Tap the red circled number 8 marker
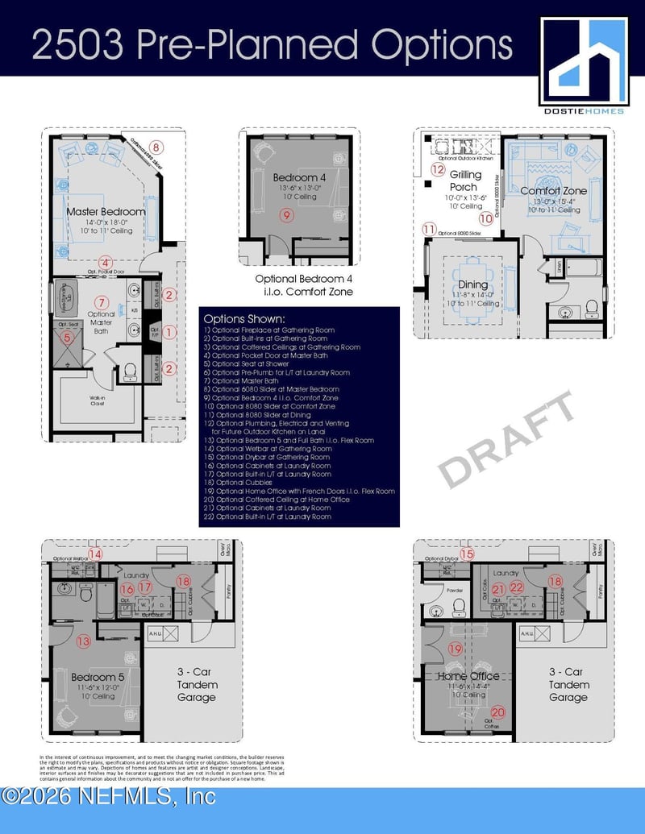pyautogui.click(x=156, y=147)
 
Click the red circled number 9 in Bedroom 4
pyautogui.click(x=286, y=214)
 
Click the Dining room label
pyautogui.click(x=472, y=284)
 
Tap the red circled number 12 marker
pyautogui.click(x=438, y=170)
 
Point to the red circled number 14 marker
pyautogui.click(x=95, y=554)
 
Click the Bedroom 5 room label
pyautogui.click(x=98, y=677)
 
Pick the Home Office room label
pyautogui.click(x=468, y=676)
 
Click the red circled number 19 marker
pyautogui.click(x=456, y=649)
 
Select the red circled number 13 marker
pyautogui.click(x=83, y=641)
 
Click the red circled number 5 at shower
pyautogui.click(x=68, y=338)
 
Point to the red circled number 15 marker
pyautogui.click(x=467, y=554)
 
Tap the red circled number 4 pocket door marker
pyautogui.click(x=105, y=261)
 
